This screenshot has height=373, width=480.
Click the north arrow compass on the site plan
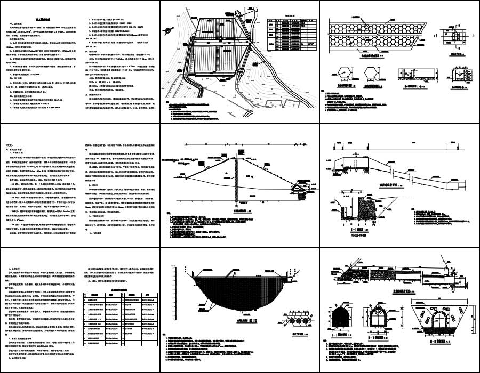click(173, 30)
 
